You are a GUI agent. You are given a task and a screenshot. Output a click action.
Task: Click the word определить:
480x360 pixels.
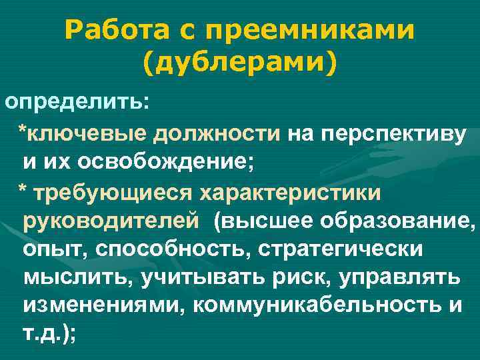point(79,103)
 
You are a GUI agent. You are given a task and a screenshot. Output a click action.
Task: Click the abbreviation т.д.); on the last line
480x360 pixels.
point(50,335)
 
